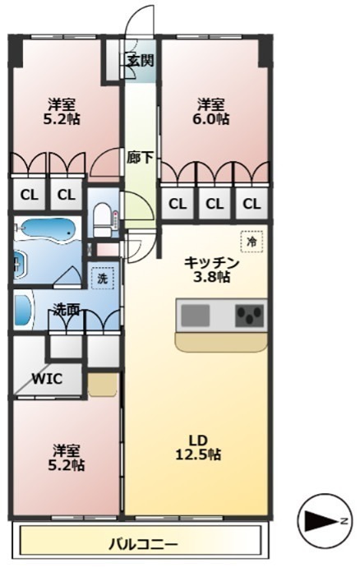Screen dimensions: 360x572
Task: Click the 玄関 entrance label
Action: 141,61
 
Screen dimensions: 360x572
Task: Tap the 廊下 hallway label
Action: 140,158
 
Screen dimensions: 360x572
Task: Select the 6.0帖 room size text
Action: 211,119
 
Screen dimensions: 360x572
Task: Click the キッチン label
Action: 211,262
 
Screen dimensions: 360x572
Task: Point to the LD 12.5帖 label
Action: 198,448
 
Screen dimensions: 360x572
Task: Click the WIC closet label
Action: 47,379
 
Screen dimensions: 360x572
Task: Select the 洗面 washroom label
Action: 67,310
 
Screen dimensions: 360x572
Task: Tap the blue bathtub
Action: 48,231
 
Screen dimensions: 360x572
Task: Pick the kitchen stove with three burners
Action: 250,316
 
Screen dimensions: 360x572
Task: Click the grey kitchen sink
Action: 196,316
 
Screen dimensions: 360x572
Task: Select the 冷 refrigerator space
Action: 252,242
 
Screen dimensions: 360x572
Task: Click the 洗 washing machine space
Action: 103,279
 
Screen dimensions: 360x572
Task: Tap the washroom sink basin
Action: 23,310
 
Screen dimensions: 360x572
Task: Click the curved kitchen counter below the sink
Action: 221,342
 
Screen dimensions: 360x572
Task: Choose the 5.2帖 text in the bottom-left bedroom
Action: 67,465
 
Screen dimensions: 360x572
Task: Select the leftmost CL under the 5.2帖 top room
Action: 30,195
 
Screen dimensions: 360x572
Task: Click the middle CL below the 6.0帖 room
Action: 215,204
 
